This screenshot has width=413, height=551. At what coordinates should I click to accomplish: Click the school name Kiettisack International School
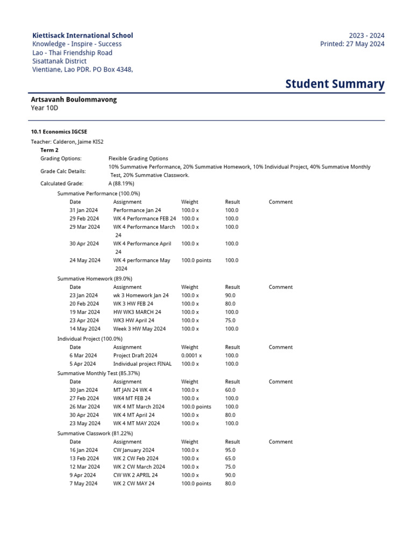click(x=82, y=36)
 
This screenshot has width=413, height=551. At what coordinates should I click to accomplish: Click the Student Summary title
click(x=334, y=83)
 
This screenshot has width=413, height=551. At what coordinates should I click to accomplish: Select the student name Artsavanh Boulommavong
click(x=74, y=100)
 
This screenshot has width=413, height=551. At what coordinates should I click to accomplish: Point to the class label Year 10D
click(x=45, y=108)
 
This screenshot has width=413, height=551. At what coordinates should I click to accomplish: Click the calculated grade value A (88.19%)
click(x=122, y=183)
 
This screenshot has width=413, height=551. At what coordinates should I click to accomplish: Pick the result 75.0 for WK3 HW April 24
click(x=230, y=320)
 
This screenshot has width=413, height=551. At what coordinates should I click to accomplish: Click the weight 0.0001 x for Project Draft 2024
click(x=191, y=356)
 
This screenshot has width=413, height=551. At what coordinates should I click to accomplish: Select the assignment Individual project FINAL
click(x=143, y=364)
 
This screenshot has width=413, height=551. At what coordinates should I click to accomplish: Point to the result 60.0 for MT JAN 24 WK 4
click(x=230, y=390)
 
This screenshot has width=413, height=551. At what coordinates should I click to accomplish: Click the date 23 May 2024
click(x=84, y=423)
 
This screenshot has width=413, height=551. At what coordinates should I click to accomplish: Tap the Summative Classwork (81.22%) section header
click(x=95, y=433)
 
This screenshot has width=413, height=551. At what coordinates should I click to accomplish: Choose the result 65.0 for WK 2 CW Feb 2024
click(x=230, y=458)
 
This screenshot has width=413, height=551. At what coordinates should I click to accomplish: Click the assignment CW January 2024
click(x=133, y=450)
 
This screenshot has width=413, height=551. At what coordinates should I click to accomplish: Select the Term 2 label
click(x=51, y=150)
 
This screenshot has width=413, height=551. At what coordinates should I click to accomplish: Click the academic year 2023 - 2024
click(x=367, y=36)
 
